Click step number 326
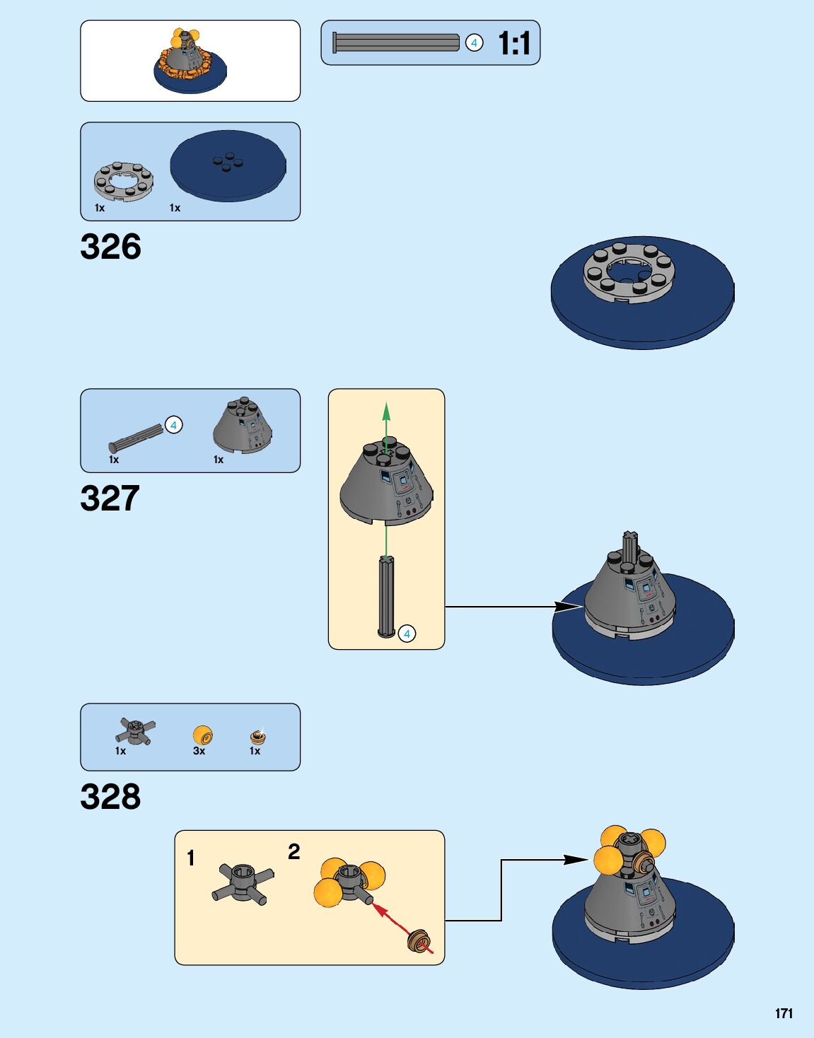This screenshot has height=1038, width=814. pyautogui.click(x=110, y=247)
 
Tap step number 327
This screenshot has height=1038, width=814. pyautogui.click(x=110, y=498)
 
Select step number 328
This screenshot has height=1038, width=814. pyautogui.click(x=110, y=797)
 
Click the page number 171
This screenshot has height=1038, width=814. pyautogui.click(x=784, y=1013)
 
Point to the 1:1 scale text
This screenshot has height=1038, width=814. pyautogui.click(x=514, y=43)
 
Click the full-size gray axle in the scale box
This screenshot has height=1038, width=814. pyautogui.click(x=396, y=42)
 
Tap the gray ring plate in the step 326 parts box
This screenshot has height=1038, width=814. pyautogui.click(x=124, y=181)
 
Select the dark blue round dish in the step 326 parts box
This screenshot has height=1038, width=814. pyautogui.click(x=228, y=167)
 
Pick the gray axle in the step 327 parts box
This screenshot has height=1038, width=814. pyautogui.click(x=136, y=438)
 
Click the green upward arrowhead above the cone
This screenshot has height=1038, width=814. pyautogui.click(x=386, y=410)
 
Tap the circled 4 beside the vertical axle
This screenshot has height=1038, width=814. pyautogui.click(x=407, y=634)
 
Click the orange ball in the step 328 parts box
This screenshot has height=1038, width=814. pyautogui.click(x=202, y=735)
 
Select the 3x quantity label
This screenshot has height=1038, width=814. pyautogui.click(x=199, y=751)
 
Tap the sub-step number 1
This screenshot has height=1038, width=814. pyautogui.click(x=190, y=858)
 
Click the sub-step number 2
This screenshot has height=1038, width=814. pyautogui.click(x=294, y=851)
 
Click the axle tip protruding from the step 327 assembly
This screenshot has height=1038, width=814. pyautogui.click(x=630, y=543)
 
